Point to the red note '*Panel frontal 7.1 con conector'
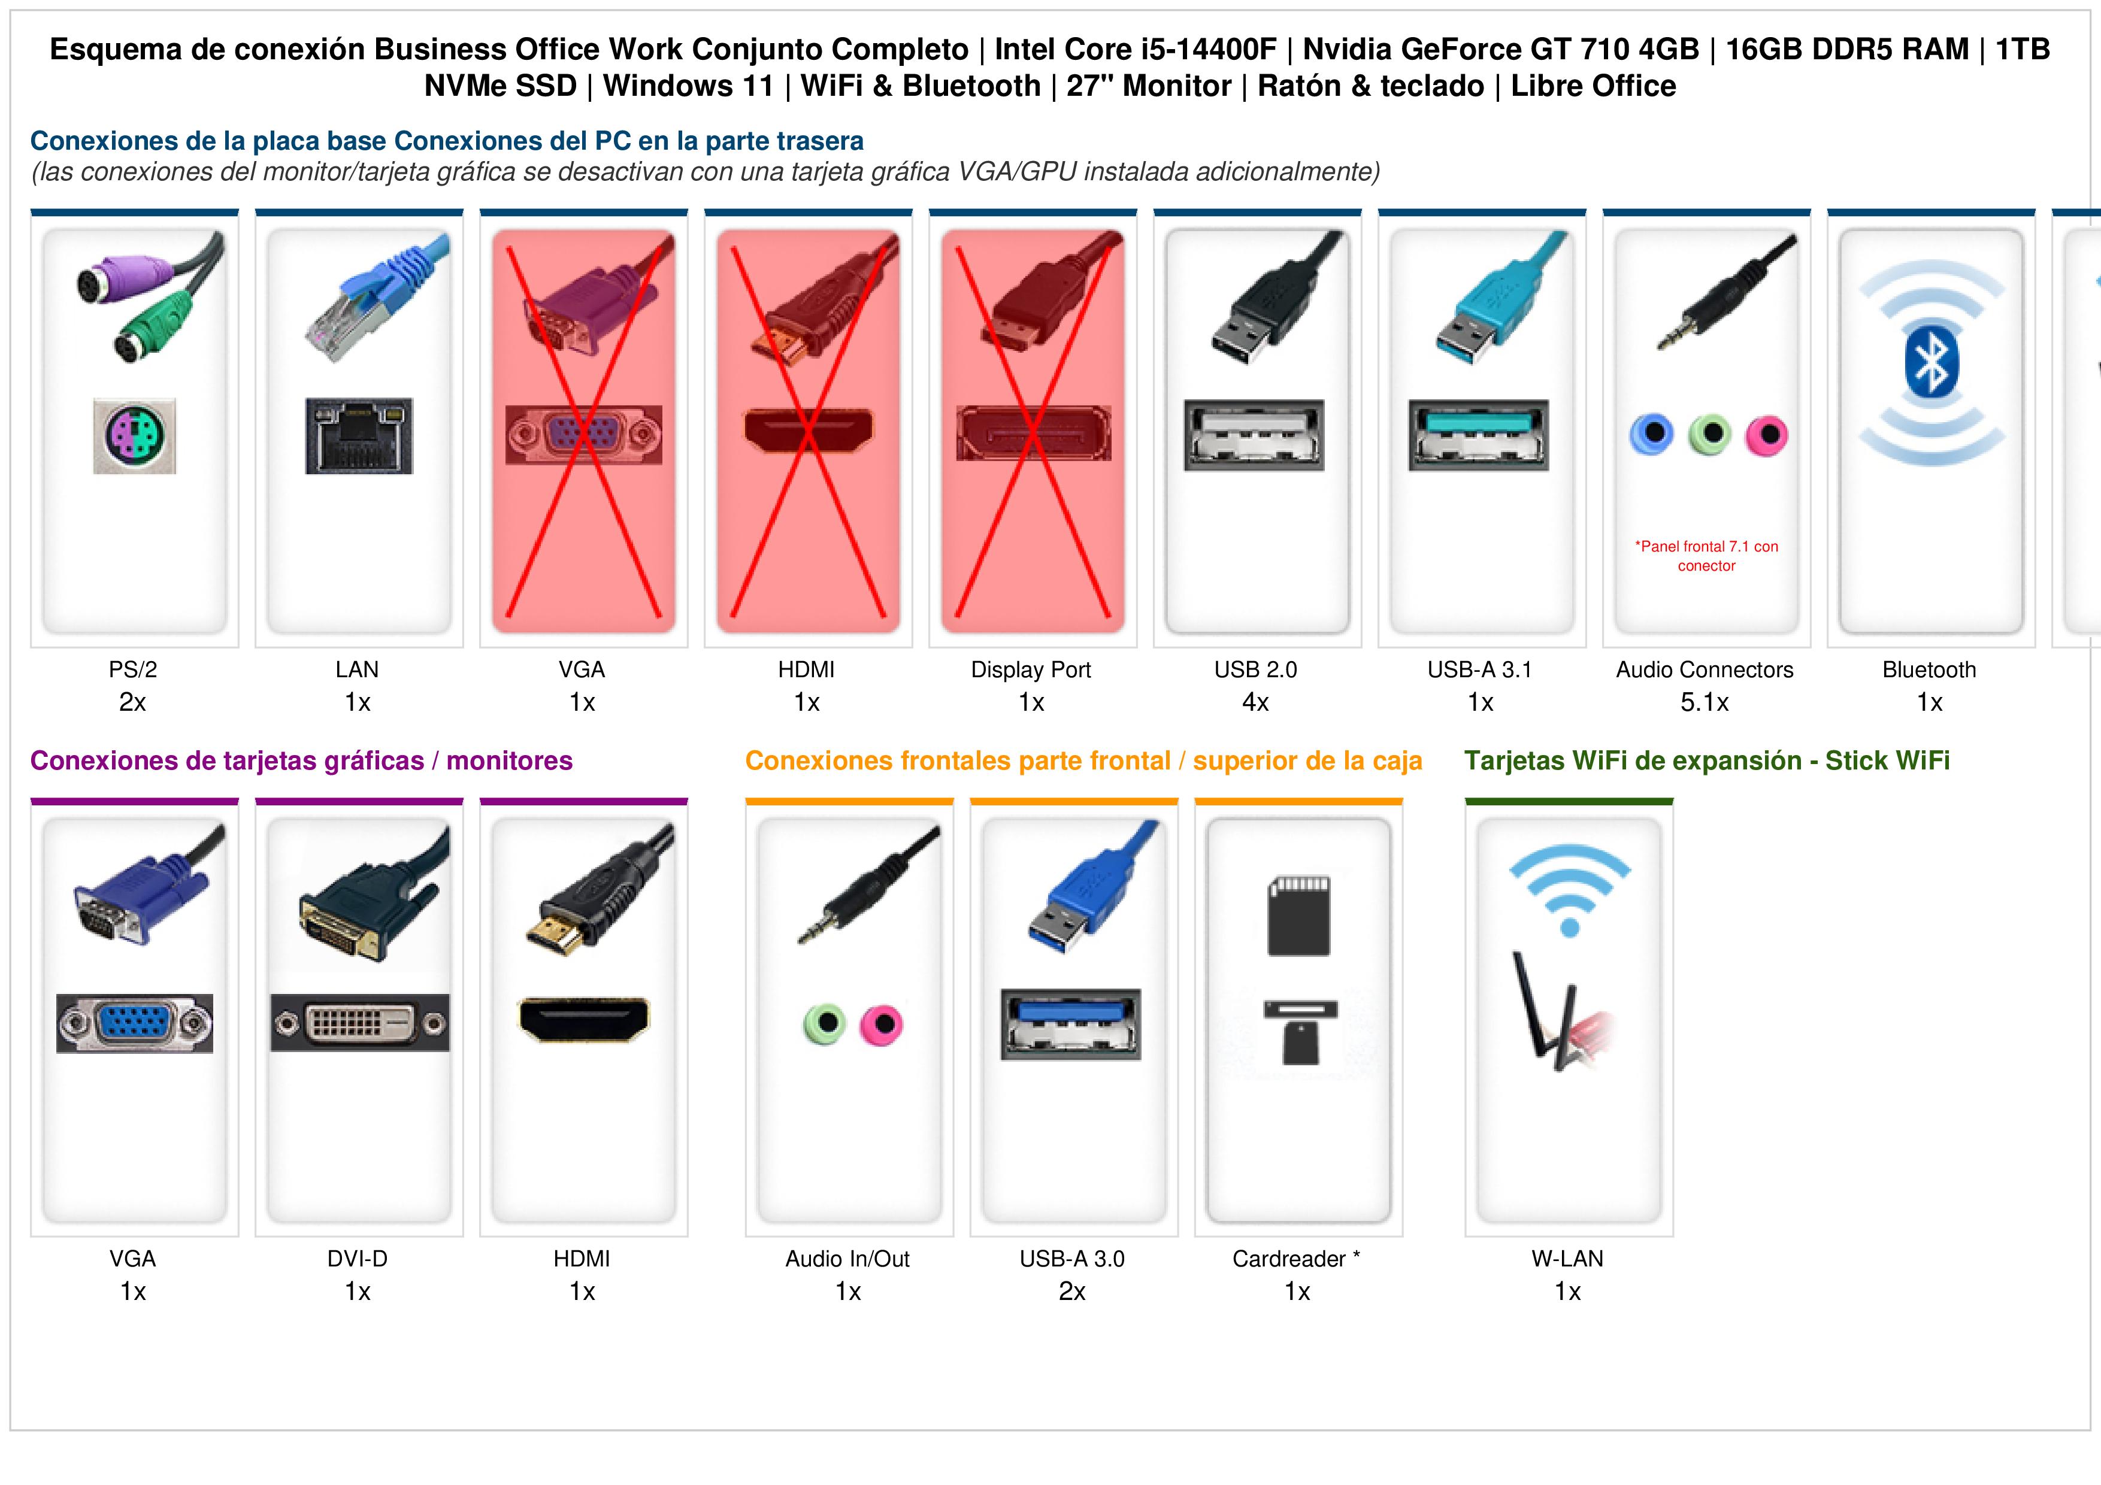click(1706, 556)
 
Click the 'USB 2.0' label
click(1255, 670)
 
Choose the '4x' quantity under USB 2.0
click(1255, 703)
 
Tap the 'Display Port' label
click(1031, 670)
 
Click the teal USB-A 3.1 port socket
click(1479, 435)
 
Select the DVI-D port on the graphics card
click(359, 1023)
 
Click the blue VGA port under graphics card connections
click(135, 1023)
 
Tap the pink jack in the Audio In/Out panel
click(881, 1025)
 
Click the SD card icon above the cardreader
click(1298, 916)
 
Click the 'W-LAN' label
click(1567, 1259)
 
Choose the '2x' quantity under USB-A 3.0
click(1073, 1292)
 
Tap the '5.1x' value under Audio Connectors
click(1705, 703)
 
